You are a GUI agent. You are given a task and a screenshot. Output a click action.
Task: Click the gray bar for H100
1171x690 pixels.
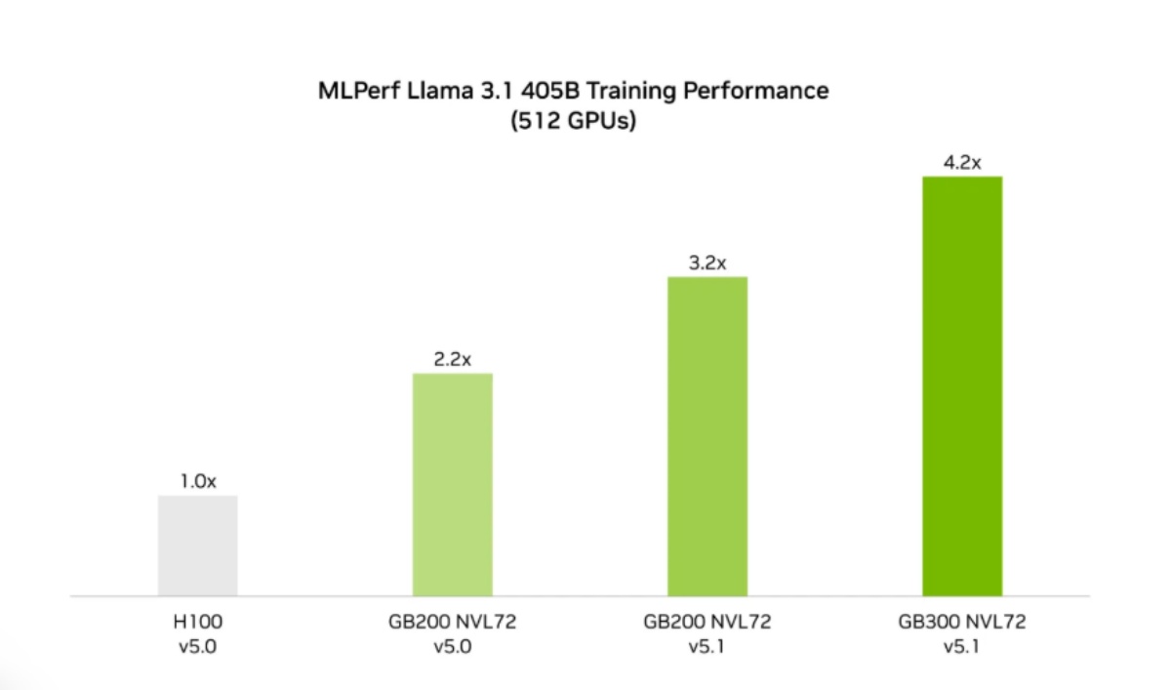pyautogui.click(x=197, y=545)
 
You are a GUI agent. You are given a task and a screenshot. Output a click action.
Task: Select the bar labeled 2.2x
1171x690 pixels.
pyautogui.click(x=452, y=484)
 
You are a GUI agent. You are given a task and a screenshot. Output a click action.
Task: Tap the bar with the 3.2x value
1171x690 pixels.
pyautogui.click(x=707, y=435)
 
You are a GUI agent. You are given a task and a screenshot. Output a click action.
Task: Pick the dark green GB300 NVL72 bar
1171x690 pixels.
pyautogui.click(x=961, y=386)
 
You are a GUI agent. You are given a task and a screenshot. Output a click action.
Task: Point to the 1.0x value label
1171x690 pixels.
pyautogui.click(x=197, y=481)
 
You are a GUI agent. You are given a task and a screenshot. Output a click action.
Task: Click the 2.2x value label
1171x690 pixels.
pyautogui.click(x=452, y=359)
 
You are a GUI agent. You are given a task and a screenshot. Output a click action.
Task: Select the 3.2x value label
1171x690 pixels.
pyautogui.click(x=707, y=263)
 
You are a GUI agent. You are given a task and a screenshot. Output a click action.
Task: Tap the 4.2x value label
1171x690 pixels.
pyautogui.click(x=961, y=162)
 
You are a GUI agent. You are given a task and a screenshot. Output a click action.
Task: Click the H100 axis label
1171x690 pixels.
pyautogui.click(x=197, y=621)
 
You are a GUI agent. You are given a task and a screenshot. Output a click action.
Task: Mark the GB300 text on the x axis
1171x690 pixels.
pyautogui.click(x=927, y=621)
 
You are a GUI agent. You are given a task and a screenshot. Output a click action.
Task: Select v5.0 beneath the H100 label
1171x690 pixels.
pyautogui.click(x=197, y=645)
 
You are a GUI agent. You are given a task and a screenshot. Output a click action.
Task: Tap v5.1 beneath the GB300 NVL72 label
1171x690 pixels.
pyautogui.click(x=961, y=645)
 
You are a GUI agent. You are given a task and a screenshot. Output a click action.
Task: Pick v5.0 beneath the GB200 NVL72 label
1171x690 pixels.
pyautogui.click(x=452, y=645)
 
